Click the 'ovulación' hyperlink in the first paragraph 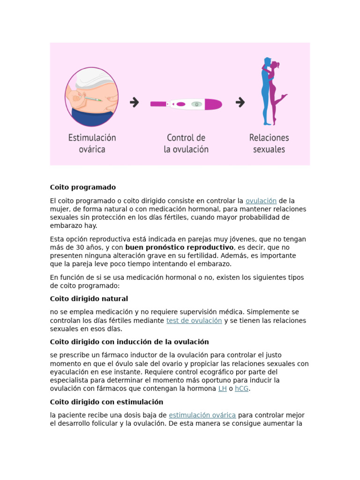261,201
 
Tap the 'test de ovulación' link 194,321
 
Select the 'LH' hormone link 222,389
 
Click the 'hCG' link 241,389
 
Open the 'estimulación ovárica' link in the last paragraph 202,415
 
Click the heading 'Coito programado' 83,187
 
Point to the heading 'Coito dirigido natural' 89,299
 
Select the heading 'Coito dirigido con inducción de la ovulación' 129,342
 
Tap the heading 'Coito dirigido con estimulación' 106,402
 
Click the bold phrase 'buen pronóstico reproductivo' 179,247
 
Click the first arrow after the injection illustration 135,102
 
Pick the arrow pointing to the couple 240,102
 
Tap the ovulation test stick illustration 187,104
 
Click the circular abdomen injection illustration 91,97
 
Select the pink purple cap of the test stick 213,104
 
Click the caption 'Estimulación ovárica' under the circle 92,143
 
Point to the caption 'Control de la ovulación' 186,143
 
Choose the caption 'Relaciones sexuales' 269,143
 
